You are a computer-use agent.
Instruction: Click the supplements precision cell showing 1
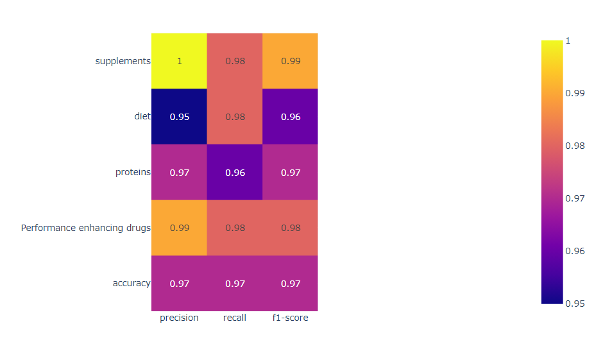coord(179,61)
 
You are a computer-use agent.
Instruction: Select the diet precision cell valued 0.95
coord(179,117)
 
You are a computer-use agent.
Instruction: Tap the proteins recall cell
coord(235,173)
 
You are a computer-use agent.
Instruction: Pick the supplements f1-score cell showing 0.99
coord(290,61)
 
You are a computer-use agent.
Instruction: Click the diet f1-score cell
coord(290,117)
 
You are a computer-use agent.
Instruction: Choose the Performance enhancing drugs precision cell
coord(179,228)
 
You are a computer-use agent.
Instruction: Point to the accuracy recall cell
coord(235,284)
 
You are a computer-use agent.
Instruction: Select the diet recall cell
coord(235,117)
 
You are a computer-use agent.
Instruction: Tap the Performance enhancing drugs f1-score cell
coord(290,228)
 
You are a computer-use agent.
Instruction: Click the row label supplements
coord(123,61)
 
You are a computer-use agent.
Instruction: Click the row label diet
coord(142,117)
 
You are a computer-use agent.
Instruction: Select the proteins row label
coord(133,173)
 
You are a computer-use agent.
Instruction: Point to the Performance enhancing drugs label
coord(85,228)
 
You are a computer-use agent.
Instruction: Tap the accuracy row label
coord(131,284)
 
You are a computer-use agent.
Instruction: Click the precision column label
coord(179,318)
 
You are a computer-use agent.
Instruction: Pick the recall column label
coord(235,318)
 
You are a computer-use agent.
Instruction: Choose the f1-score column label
coord(290,318)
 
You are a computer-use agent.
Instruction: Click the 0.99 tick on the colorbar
coord(574,93)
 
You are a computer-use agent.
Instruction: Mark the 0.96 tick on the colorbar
coord(574,250)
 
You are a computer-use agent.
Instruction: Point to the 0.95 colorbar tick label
coord(574,303)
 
